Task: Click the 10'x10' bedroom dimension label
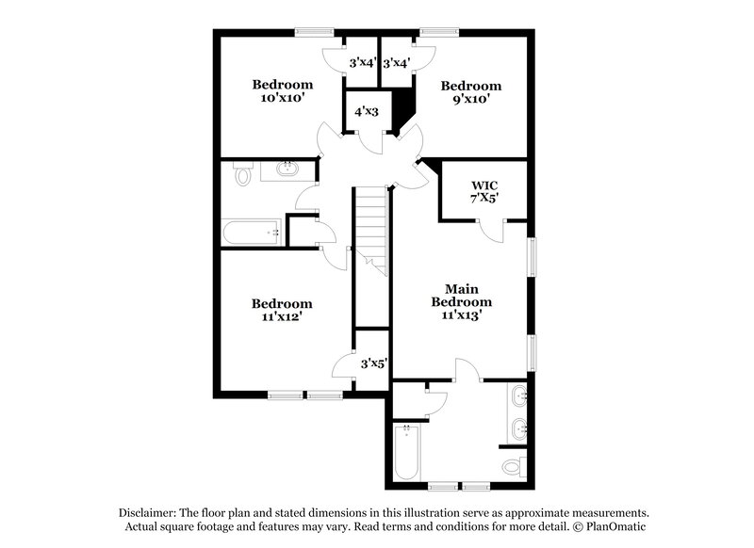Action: point(283,98)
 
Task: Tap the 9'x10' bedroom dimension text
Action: point(471,99)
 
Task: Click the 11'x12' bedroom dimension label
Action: point(282,317)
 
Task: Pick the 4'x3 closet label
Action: point(367,112)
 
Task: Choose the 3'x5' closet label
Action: point(373,363)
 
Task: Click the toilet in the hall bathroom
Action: point(243,174)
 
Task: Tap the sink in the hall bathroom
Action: point(287,169)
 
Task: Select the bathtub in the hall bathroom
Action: point(252,233)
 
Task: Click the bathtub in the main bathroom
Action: point(407,452)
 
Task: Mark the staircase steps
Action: point(371,232)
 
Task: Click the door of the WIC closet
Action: point(491,231)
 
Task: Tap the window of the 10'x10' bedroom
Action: point(315,32)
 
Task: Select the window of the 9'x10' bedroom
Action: point(439,32)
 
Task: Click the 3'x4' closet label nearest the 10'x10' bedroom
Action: point(363,62)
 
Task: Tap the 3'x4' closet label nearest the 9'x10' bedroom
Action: point(397,63)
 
